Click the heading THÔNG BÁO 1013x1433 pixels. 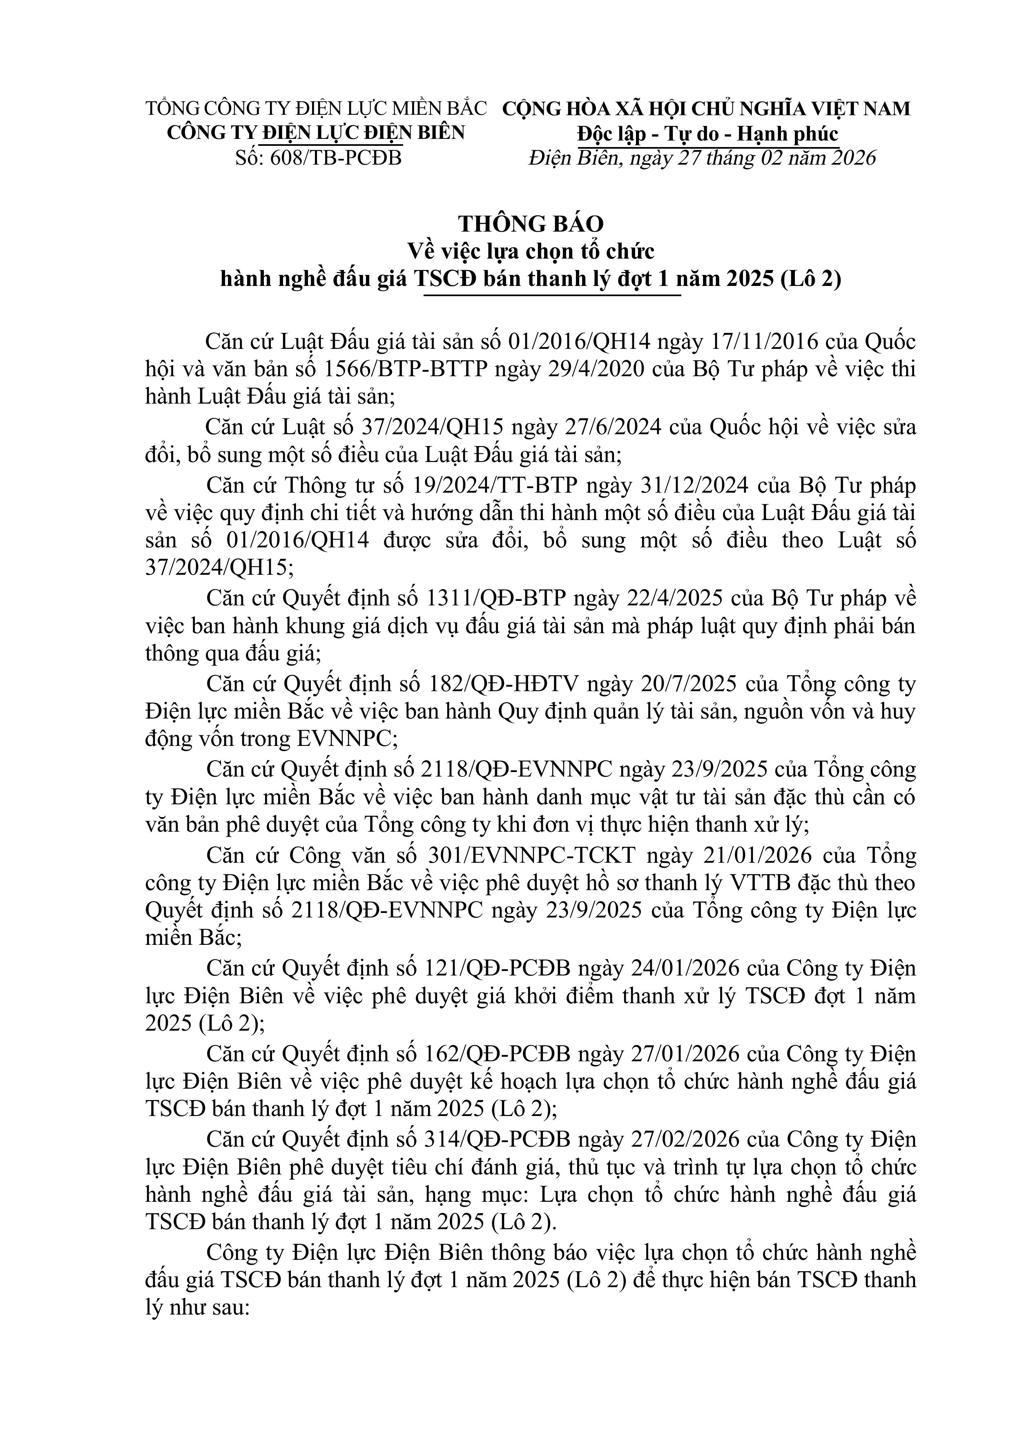click(531, 223)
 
